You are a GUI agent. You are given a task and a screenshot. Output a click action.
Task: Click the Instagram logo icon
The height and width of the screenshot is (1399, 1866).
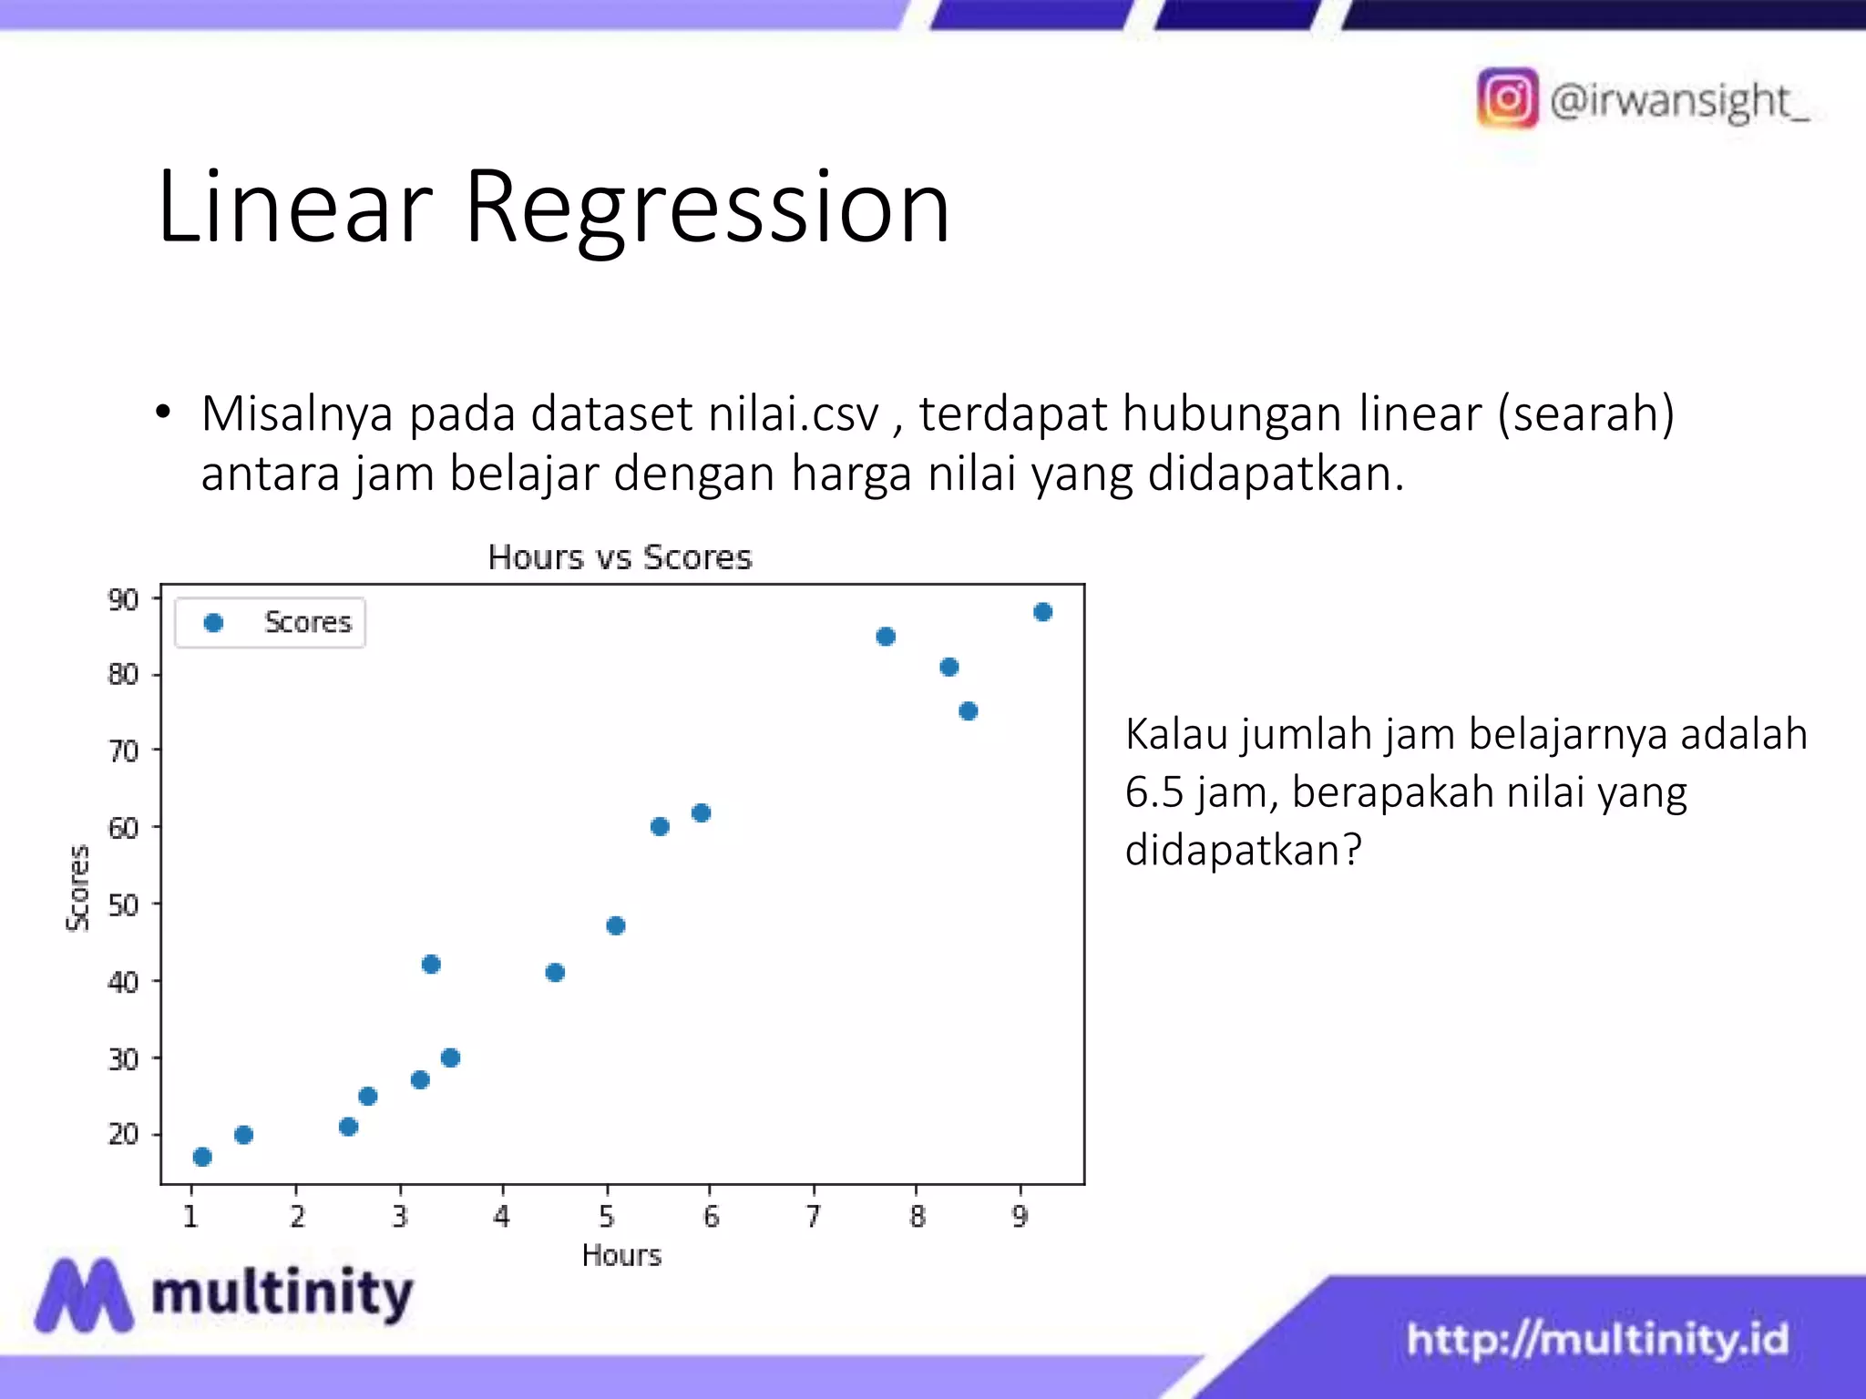click(1508, 98)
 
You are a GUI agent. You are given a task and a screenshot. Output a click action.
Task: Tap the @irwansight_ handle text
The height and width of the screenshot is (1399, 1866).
click(1678, 100)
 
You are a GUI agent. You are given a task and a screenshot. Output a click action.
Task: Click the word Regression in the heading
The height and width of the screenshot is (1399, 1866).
click(707, 209)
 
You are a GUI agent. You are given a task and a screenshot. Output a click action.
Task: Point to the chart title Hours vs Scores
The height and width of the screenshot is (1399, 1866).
click(620, 557)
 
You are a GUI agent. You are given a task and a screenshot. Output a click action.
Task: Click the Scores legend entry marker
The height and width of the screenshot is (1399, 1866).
click(213, 623)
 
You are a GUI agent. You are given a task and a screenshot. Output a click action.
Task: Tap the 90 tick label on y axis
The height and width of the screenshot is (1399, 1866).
click(123, 600)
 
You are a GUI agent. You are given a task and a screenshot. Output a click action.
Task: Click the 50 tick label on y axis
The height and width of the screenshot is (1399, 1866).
click(123, 905)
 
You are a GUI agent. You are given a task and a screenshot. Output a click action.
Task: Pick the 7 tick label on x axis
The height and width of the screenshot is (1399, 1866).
click(813, 1217)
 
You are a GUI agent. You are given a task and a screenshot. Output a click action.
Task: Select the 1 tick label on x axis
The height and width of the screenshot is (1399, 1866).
click(190, 1217)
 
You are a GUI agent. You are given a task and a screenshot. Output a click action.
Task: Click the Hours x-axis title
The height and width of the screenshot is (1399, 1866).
click(621, 1256)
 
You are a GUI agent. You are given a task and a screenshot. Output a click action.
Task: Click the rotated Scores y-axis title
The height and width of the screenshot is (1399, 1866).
click(79, 888)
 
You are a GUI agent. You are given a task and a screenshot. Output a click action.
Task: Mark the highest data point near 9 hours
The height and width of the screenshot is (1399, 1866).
click(1043, 612)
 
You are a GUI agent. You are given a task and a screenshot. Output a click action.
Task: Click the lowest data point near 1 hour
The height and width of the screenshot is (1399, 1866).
click(202, 1157)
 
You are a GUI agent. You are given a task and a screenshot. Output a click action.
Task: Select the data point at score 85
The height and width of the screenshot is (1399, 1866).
click(886, 637)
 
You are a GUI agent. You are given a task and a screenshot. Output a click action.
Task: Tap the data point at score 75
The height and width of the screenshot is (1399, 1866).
click(969, 711)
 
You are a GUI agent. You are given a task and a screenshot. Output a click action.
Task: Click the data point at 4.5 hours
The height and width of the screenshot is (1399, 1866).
click(555, 973)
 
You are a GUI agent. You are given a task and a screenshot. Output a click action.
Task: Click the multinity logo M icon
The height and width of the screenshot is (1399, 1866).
click(84, 1295)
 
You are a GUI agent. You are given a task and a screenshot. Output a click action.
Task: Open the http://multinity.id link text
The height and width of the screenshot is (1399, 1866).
click(1597, 1340)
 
